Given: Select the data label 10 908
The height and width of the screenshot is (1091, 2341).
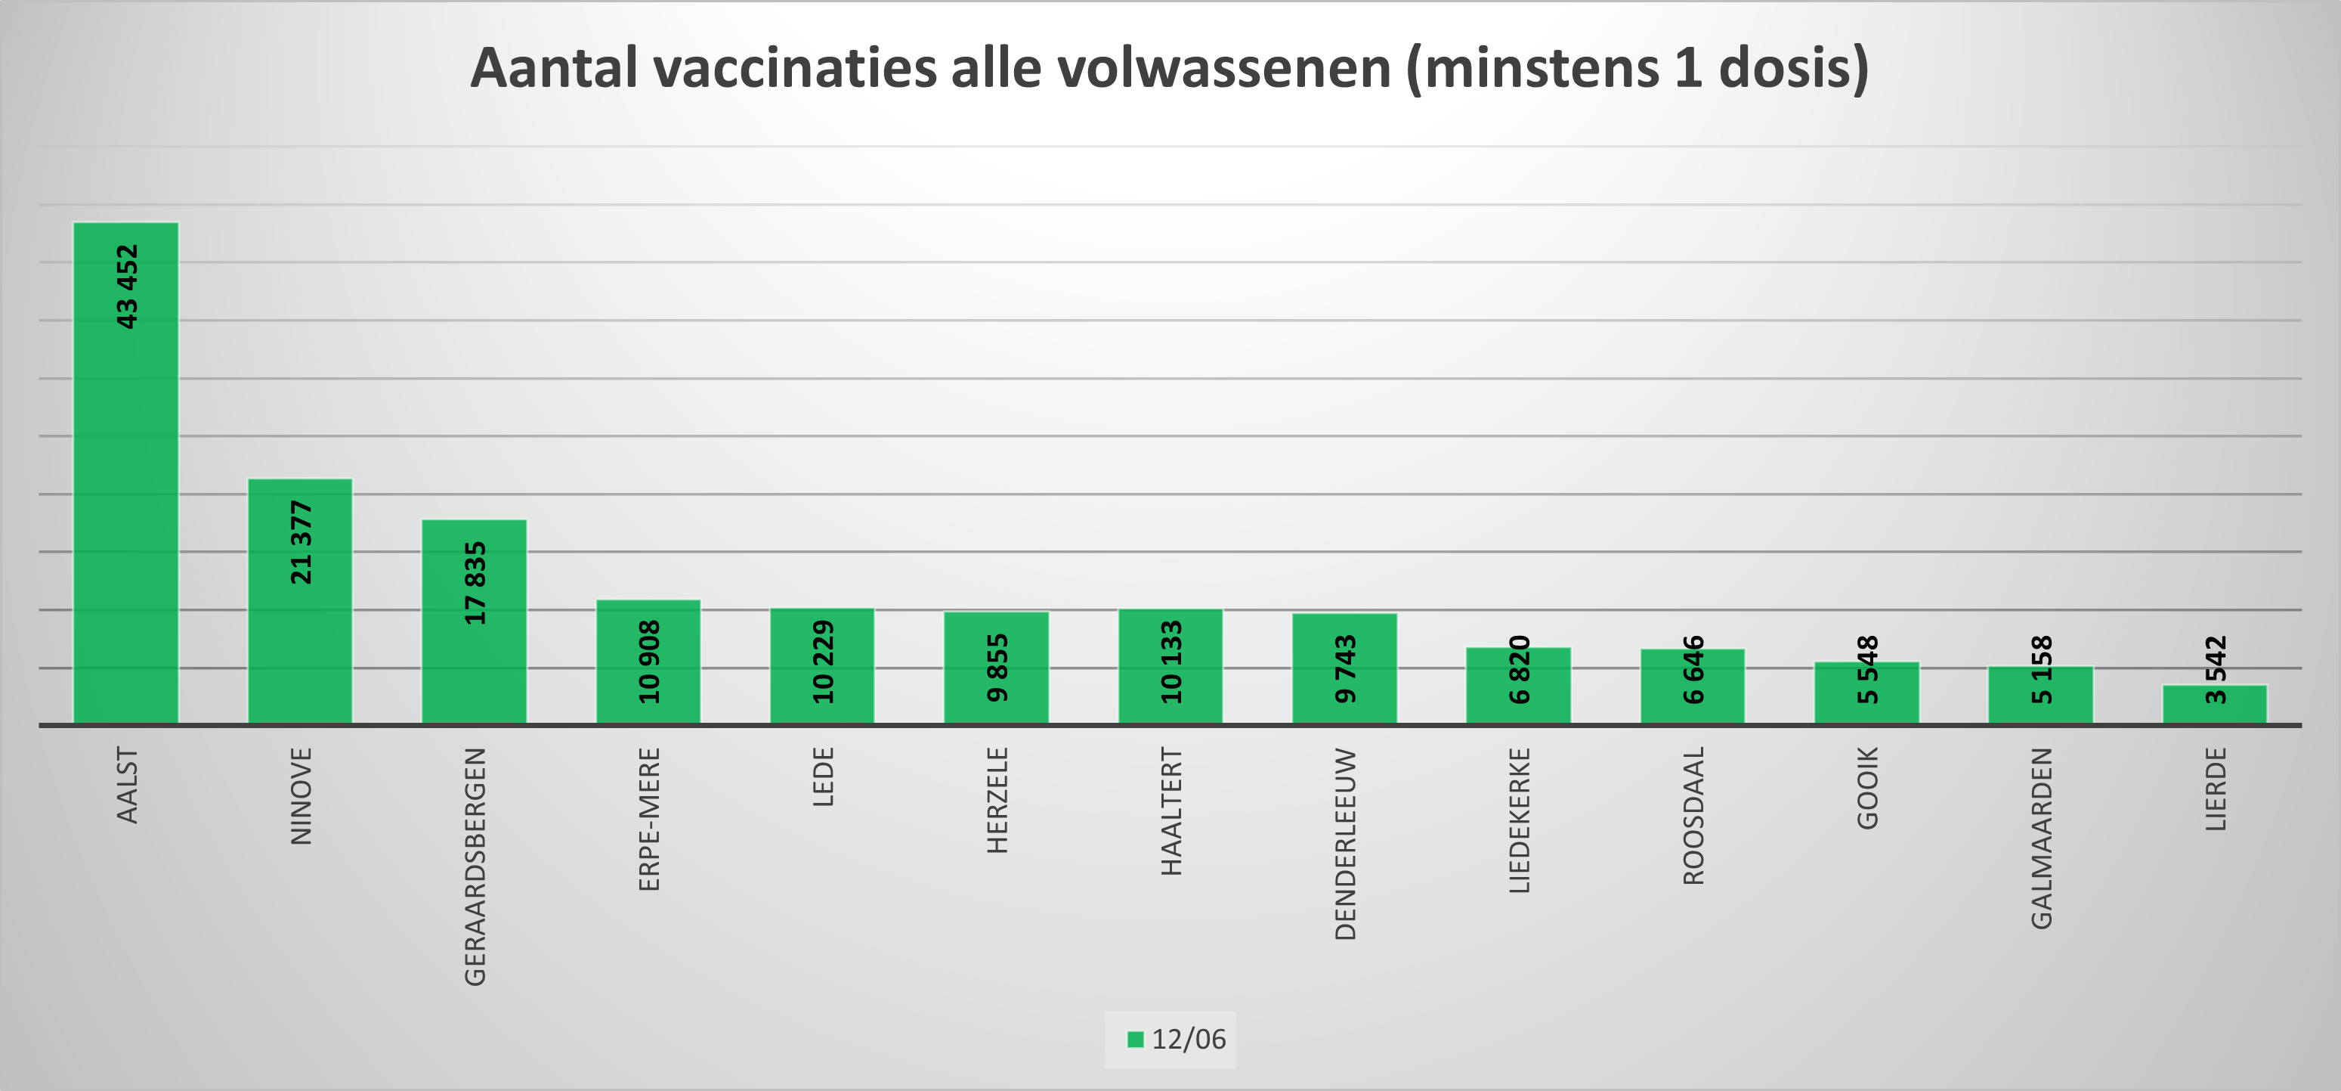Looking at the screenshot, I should (650, 662).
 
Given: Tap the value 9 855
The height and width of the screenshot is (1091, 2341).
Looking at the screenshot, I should (997, 668).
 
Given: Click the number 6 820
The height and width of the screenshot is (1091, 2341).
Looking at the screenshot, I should (1520, 670).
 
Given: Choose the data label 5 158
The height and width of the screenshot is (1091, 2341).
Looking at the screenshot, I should (2042, 670).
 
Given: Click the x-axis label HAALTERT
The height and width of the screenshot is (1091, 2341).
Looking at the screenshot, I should (1172, 812).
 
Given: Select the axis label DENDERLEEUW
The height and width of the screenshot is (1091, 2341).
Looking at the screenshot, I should (1346, 844).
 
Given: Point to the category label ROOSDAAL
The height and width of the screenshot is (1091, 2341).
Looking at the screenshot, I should (1694, 816).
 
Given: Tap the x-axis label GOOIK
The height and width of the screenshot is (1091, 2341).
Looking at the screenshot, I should (1867, 789).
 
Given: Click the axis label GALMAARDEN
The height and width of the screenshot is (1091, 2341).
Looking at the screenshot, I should (2042, 838).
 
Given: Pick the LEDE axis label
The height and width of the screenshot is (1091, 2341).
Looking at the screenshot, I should (824, 777).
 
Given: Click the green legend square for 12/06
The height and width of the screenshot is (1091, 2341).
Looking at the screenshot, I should (1135, 1039).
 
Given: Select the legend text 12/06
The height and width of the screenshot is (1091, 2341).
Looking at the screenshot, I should (1189, 1039).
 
